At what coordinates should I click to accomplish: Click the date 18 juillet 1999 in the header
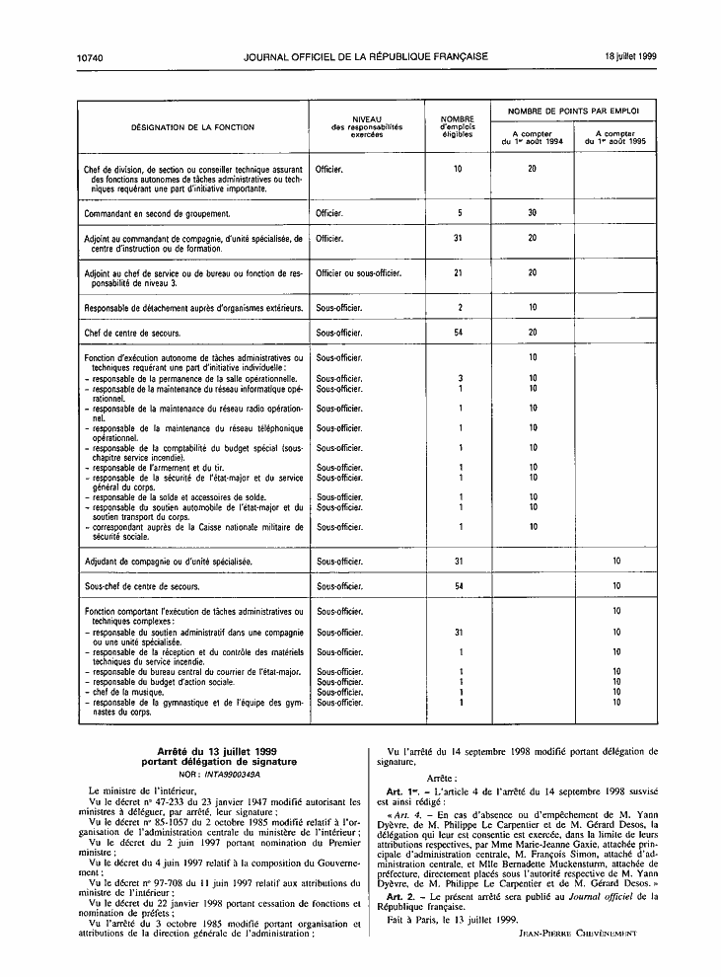click(x=630, y=56)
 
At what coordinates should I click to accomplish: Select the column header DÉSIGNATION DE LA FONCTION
click(x=192, y=127)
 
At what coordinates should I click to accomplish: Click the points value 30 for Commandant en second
click(x=532, y=213)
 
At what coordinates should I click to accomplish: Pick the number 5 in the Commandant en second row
click(x=459, y=213)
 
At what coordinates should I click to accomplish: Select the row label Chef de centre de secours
click(x=132, y=334)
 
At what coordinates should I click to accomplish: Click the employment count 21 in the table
click(x=458, y=272)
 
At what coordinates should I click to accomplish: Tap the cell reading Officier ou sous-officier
click(x=357, y=272)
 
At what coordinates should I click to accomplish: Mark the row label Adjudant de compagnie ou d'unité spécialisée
click(x=168, y=561)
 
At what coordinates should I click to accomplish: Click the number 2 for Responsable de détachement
click(x=459, y=308)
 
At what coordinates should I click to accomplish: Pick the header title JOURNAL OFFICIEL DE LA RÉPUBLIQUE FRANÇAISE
click(x=365, y=56)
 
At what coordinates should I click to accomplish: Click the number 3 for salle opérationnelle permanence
click(x=460, y=378)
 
